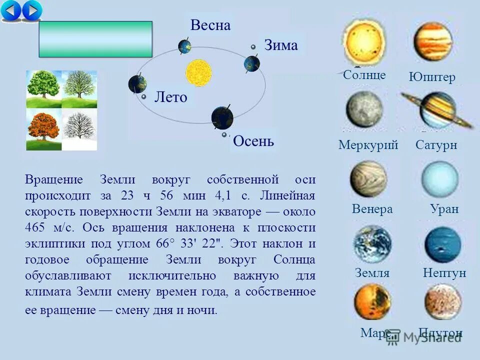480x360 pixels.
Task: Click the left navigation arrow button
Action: pyautogui.click(x=12, y=10)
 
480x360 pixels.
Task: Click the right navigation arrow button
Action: pyautogui.click(x=32, y=10)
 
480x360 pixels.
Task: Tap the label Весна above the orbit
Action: pyautogui.click(x=210, y=26)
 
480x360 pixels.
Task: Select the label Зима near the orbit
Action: pyautogui.click(x=280, y=45)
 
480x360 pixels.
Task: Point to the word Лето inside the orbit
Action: pyautogui.click(x=170, y=97)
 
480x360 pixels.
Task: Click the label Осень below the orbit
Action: pyautogui.click(x=253, y=141)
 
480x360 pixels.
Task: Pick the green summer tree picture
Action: pyautogui.click(x=44, y=89)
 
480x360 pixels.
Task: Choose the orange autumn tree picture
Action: pyautogui.click(x=44, y=130)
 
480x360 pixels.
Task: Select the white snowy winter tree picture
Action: pyautogui.click(x=79, y=130)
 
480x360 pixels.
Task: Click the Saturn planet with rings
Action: pyautogui.click(x=437, y=109)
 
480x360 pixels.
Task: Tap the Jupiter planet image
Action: pyautogui.click(x=432, y=41)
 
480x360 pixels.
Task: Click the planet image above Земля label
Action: pyautogui.click(x=372, y=244)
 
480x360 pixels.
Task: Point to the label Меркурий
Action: pyautogui.click(x=368, y=145)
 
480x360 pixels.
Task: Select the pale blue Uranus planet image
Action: pyautogui.click(x=439, y=178)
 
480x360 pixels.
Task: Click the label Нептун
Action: pyautogui.click(x=444, y=273)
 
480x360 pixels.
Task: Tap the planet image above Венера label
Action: pyautogui.click(x=368, y=178)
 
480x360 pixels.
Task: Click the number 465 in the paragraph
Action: pyautogui.click(x=35, y=228)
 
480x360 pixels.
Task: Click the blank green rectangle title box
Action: pyautogui.click(x=95, y=39)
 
